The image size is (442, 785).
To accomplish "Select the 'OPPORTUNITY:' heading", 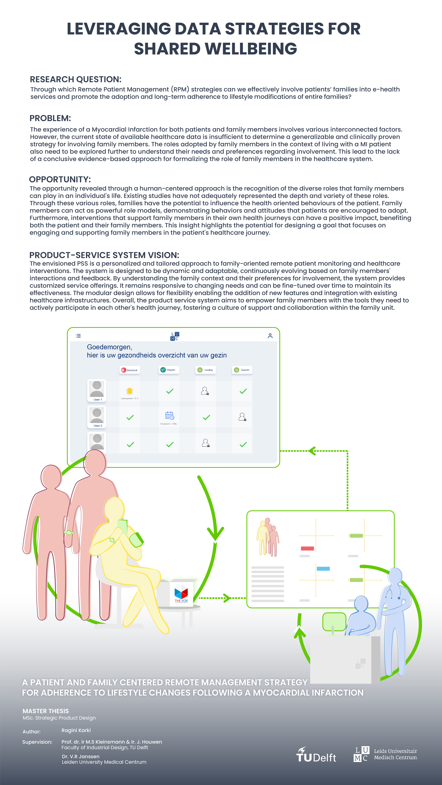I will click(60, 179).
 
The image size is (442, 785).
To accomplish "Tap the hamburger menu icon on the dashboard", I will click(78, 336).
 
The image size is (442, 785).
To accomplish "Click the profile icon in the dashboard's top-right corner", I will click(270, 336).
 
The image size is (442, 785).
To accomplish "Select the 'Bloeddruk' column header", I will click(129, 370).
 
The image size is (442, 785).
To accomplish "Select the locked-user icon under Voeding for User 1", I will click(205, 391).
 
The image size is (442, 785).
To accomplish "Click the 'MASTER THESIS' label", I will click(46, 711).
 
